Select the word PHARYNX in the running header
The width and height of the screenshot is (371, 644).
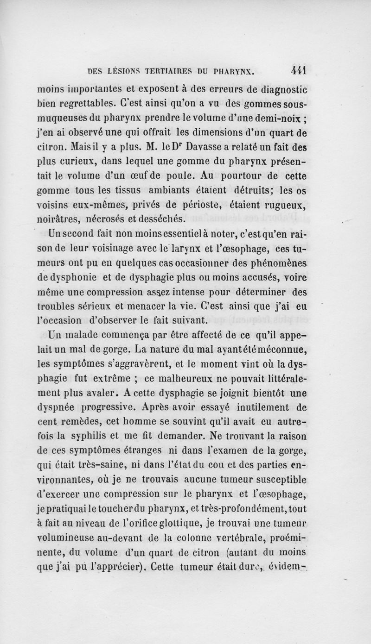[x=234, y=72]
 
